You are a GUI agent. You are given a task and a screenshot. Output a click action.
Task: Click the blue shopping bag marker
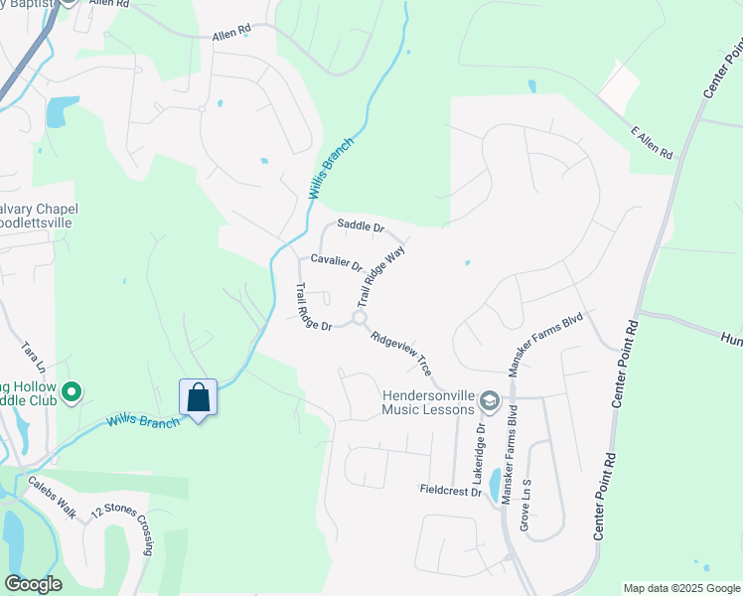pos(199,398)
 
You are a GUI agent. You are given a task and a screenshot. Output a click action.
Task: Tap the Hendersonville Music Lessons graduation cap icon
pos(489,400)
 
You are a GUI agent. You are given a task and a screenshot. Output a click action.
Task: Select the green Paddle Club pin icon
pos(71,394)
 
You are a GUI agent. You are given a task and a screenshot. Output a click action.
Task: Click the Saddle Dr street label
pos(360,225)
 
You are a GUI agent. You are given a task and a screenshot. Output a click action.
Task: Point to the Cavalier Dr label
pos(336,260)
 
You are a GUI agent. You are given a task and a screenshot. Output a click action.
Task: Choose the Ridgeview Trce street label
pos(400,353)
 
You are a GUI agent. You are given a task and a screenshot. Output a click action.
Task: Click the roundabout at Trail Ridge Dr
pos(359,318)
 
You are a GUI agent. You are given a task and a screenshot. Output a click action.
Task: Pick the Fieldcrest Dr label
pos(450,491)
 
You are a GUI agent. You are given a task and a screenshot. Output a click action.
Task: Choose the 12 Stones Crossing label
pos(123,529)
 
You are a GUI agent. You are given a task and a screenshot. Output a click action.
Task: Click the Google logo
pos(33,584)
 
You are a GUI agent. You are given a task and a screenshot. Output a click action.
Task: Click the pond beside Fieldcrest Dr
pos(496,486)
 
